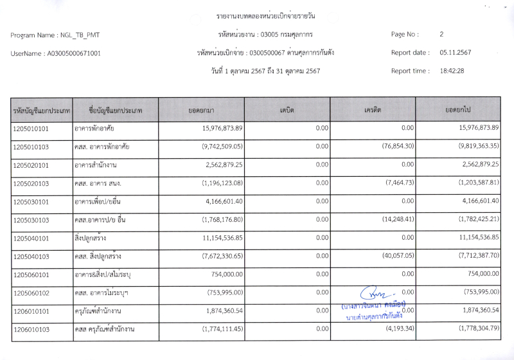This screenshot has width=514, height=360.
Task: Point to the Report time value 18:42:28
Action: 452,71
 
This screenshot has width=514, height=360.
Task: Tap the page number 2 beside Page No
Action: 441,34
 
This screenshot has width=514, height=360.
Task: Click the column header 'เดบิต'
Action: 287,110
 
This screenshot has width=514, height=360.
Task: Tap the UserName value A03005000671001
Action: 74,53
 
